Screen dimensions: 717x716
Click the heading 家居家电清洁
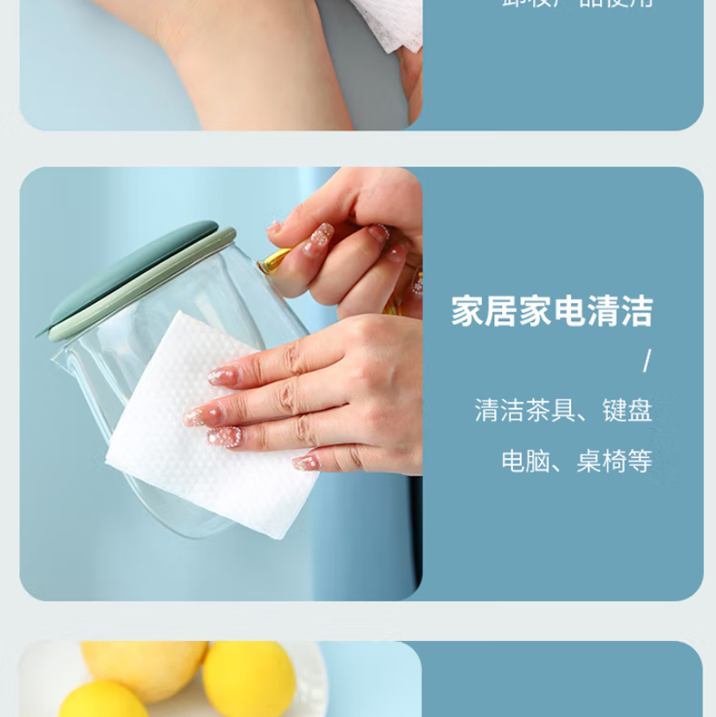point(552,311)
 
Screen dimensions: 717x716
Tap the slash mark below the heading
point(646,362)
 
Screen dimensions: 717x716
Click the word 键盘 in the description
point(627,411)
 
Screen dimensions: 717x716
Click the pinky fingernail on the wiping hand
point(306,463)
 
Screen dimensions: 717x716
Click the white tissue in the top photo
point(390,23)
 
